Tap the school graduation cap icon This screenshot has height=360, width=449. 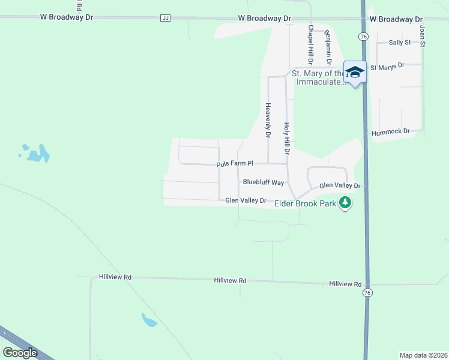tap(355, 72)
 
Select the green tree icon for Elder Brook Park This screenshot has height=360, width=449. tap(345, 203)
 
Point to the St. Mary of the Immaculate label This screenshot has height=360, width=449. tap(318, 77)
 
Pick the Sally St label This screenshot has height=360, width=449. tap(399, 43)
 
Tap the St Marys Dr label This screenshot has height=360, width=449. tap(388, 67)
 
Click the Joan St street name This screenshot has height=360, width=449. tap(423, 36)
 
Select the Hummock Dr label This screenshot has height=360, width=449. tap(390, 131)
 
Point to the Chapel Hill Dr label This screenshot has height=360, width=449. tap(311, 44)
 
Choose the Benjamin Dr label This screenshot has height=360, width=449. tap(328, 48)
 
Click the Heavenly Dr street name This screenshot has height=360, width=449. tap(268, 120)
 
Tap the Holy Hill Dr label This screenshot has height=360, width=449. tap(287, 139)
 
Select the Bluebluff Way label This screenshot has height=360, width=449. tap(263, 182)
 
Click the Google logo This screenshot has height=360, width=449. tap(20, 352)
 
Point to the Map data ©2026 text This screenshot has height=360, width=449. tap(423, 355)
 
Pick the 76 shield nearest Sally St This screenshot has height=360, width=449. tap(364, 37)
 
